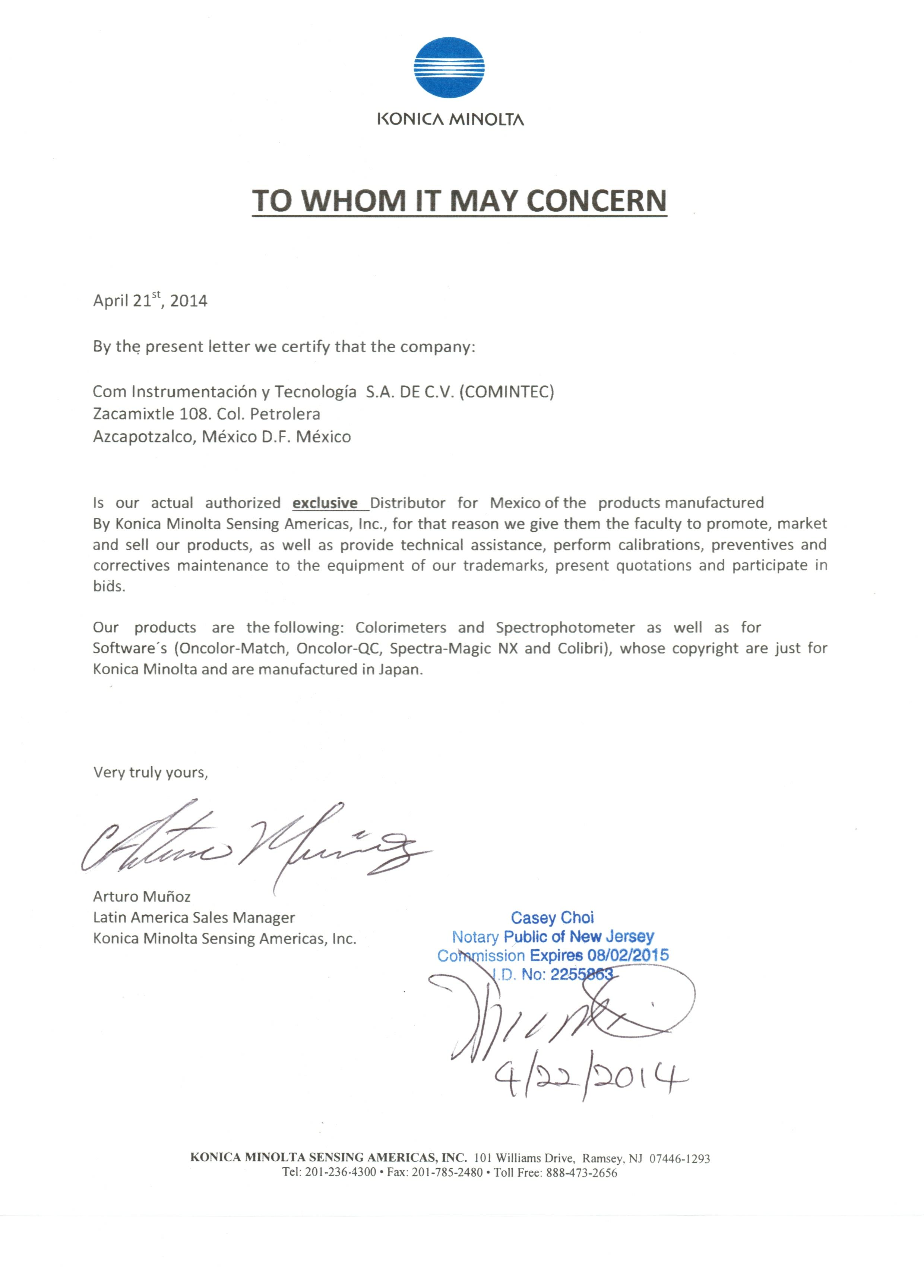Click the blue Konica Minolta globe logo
click(450, 68)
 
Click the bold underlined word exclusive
click(325, 503)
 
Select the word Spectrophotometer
click(565, 628)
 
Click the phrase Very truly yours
click(150, 772)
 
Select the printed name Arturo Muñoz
click(142, 896)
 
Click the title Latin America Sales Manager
click(194, 917)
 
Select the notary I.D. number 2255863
click(582, 974)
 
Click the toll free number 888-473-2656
click(581, 1173)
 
